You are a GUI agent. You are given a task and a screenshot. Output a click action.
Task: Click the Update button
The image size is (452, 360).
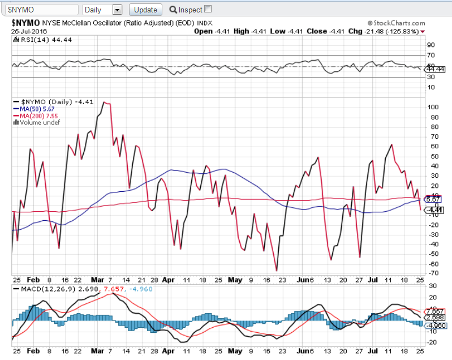pos(145,10)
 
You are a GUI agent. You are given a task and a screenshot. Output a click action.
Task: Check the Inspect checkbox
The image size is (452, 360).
pos(208,9)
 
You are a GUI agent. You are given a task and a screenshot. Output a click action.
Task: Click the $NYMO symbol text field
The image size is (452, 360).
pos(42,10)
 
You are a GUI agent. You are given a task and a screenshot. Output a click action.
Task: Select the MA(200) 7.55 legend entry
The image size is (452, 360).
pos(37,115)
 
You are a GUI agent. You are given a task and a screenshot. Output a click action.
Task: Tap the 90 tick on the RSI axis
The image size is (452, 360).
pos(431,45)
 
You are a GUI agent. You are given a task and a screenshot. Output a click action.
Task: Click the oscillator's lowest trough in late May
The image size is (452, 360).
pos(277,271)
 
